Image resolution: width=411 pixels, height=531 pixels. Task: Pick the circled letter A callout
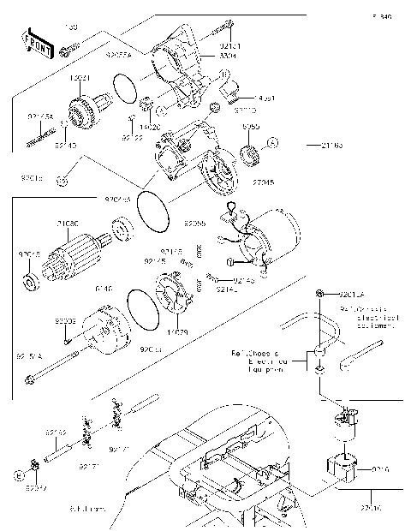[271, 142]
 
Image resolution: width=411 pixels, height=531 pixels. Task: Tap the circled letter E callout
[18, 474]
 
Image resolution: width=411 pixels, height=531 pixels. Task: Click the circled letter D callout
[62, 180]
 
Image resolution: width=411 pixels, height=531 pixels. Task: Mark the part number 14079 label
[177, 331]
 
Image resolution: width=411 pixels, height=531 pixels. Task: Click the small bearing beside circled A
[252, 154]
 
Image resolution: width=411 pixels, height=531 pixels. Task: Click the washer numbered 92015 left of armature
[27, 282]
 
